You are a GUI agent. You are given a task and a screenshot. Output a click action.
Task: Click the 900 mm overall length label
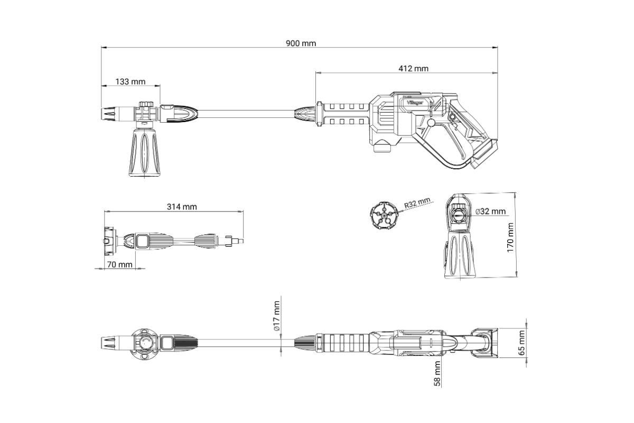point(301,43)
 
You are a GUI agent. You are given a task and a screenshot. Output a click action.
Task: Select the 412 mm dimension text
point(413,69)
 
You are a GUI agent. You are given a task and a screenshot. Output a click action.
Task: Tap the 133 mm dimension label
point(130,81)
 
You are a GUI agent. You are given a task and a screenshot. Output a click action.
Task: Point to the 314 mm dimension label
point(182,207)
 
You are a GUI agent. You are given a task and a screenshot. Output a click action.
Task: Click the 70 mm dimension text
point(120,264)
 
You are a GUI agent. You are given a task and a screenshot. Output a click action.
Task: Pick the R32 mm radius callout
point(417,203)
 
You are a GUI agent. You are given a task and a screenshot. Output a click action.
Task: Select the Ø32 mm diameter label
point(490,212)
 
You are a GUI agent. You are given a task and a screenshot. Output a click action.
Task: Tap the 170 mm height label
point(510,237)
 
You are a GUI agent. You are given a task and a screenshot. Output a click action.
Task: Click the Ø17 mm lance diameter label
point(276,316)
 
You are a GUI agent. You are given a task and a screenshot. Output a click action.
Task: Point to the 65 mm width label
point(521,343)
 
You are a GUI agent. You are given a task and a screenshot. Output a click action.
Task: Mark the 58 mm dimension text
point(437,374)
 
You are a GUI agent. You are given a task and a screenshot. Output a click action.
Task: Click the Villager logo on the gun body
point(415,103)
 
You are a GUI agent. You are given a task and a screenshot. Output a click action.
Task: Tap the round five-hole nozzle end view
point(384,215)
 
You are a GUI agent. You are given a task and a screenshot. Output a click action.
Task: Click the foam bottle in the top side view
point(145,152)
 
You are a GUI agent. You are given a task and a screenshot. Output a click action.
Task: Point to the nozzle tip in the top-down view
point(108,343)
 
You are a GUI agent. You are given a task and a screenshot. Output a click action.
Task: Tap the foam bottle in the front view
point(460,254)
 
